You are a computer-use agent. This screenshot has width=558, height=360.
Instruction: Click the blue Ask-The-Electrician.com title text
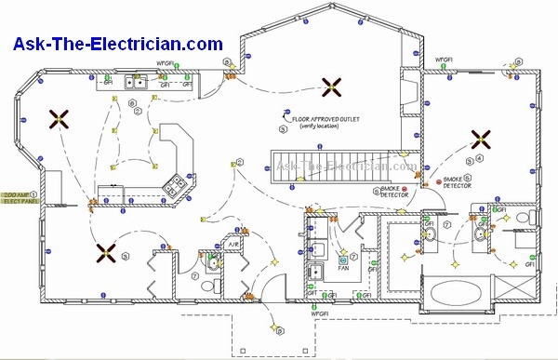click(x=117, y=44)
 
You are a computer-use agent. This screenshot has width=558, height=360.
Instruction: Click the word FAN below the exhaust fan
click(x=343, y=266)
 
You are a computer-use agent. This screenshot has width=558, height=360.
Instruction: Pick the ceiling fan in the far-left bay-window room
click(x=60, y=118)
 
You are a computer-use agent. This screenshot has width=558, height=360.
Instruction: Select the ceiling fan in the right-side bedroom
click(x=481, y=140)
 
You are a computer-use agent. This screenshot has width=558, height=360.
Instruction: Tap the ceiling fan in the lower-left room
click(x=104, y=251)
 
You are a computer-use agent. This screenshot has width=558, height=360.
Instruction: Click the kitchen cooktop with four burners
click(x=174, y=184)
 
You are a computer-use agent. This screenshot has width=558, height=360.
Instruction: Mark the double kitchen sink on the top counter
click(x=136, y=83)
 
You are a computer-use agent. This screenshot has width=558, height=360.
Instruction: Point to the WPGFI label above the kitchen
click(x=165, y=65)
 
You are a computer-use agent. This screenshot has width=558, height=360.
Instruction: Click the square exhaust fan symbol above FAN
click(x=343, y=252)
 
